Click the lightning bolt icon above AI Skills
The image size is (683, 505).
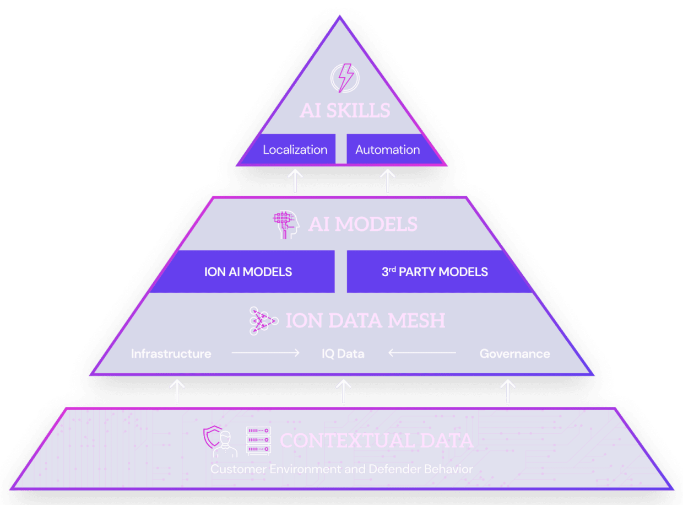[344, 79]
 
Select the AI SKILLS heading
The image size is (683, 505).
[345, 110]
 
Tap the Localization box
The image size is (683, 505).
[295, 149]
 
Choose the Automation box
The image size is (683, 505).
[387, 149]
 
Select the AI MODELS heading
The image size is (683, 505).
[362, 224]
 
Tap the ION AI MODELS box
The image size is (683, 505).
[248, 272]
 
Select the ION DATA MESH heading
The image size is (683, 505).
[365, 321]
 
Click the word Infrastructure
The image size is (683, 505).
[171, 353]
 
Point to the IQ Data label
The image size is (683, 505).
[343, 353]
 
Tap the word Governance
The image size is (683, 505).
[514, 353]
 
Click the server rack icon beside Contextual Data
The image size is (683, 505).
[258, 441]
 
